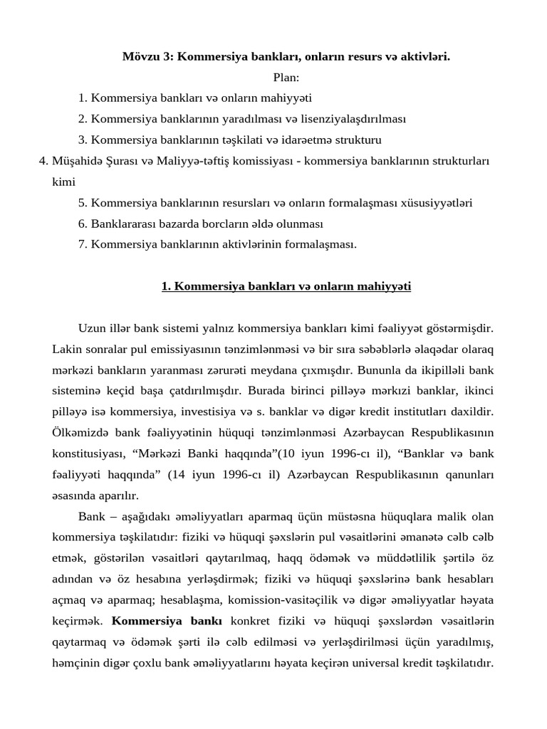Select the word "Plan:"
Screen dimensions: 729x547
(x=286, y=77)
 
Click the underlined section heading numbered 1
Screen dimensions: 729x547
(x=286, y=286)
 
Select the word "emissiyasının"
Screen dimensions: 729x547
(x=185, y=349)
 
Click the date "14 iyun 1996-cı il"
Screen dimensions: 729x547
(x=214, y=474)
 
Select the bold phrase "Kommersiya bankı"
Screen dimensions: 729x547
(x=157, y=620)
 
